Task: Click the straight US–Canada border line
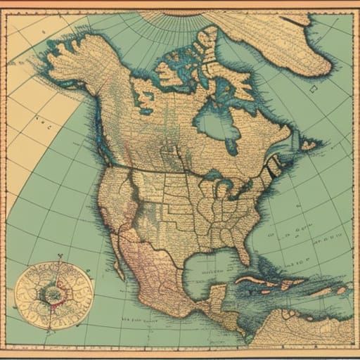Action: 162,169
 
